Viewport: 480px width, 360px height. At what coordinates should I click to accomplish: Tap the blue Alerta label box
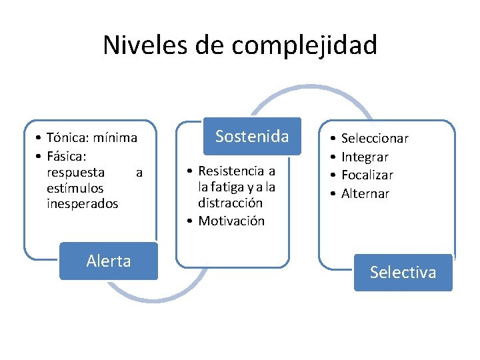tap(109, 261)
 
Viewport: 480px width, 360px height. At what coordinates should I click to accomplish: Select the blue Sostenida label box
tap(252, 137)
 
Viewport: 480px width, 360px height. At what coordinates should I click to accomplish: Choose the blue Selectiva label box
tap(403, 272)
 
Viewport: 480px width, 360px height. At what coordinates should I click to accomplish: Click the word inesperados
tap(83, 204)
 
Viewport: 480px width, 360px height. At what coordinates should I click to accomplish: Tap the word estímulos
tap(75, 189)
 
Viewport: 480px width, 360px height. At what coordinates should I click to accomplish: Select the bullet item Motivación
tap(231, 221)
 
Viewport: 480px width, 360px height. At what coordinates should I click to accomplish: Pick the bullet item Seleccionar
tap(375, 139)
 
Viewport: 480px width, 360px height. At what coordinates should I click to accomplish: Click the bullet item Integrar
tap(365, 157)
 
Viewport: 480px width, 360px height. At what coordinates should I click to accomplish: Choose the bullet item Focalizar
tap(367, 175)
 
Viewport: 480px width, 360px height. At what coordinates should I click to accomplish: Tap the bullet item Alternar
tap(365, 194)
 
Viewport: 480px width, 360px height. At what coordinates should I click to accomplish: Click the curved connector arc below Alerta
tap(153, 297)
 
